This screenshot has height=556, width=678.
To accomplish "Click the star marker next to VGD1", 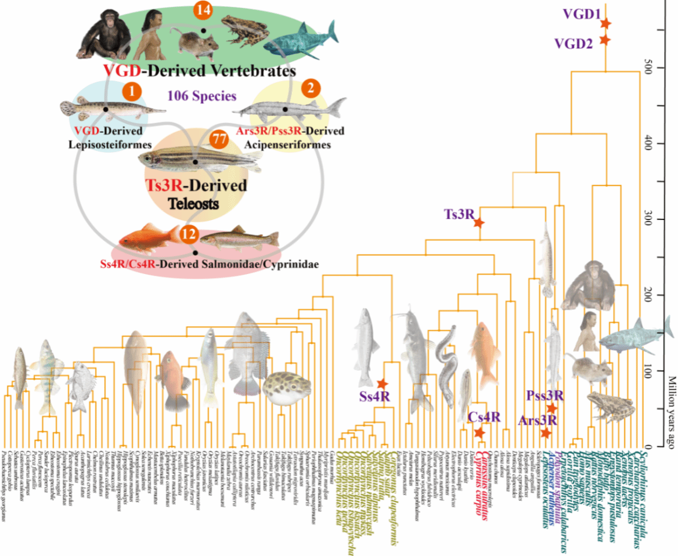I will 605,23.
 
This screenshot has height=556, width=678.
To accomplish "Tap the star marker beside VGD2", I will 604,40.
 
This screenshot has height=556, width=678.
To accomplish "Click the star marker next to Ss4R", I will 381,384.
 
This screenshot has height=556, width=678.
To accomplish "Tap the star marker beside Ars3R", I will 546,433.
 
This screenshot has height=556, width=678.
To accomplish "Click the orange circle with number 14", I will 203,10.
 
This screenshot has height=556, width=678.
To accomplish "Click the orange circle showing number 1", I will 132,91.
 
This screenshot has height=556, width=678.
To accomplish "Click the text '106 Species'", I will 199,96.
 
